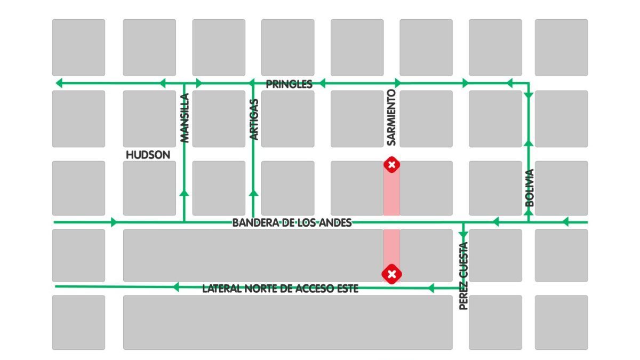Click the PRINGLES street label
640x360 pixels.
[289, 84]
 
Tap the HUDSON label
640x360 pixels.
[148, 155]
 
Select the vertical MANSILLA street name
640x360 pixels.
[185, 118]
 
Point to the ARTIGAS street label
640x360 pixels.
[254, 119]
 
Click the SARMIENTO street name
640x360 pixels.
[391, 118]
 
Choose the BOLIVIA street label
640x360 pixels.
[529, 188]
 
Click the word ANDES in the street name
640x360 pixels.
[337, 223]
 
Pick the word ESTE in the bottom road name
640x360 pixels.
[345, 289]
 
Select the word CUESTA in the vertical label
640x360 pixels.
[463, 260]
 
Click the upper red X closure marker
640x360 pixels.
[391, 165]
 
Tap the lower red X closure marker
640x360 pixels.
[391, 274]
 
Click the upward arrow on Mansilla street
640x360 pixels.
[184, 193]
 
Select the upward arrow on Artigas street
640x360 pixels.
[253, 193]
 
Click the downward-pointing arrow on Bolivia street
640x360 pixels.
[529, 95]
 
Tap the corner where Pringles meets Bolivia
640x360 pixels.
[529, 83]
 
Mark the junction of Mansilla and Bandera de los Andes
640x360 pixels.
[184, 222]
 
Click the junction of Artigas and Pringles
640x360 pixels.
[253, 83]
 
